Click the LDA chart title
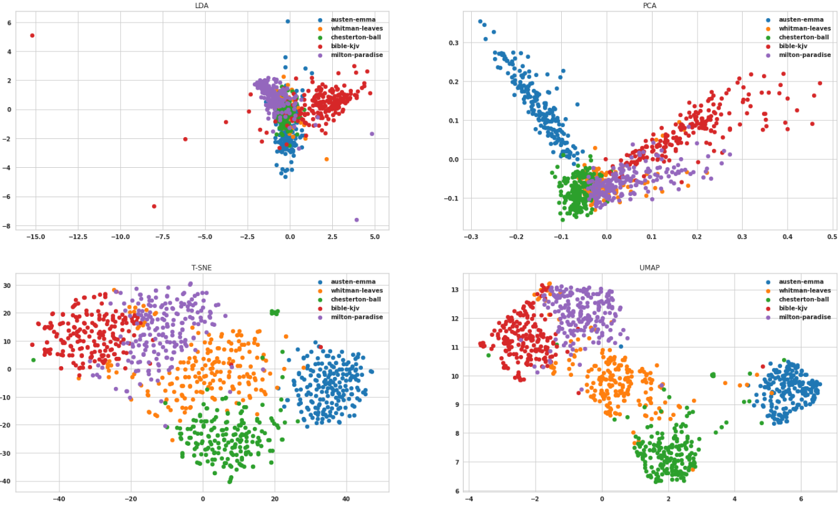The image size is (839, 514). tap(201, 6)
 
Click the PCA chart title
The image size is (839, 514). tap(649, 6)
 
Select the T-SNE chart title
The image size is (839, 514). tap(201, 268)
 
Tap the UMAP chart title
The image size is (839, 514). tap(649, 268)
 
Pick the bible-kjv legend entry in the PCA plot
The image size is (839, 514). tap(792, 46)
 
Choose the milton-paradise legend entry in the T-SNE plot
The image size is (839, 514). tap(357, 317)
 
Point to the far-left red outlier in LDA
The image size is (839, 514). tap(33, 36)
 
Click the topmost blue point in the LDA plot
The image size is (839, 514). tap(288, 21)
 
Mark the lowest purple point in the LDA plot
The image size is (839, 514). tap(357, 220)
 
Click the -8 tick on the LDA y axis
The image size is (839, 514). tap(8, 226)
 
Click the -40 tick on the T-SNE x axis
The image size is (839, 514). tap(59, 500)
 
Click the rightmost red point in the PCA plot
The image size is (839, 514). tap(820, 83)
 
